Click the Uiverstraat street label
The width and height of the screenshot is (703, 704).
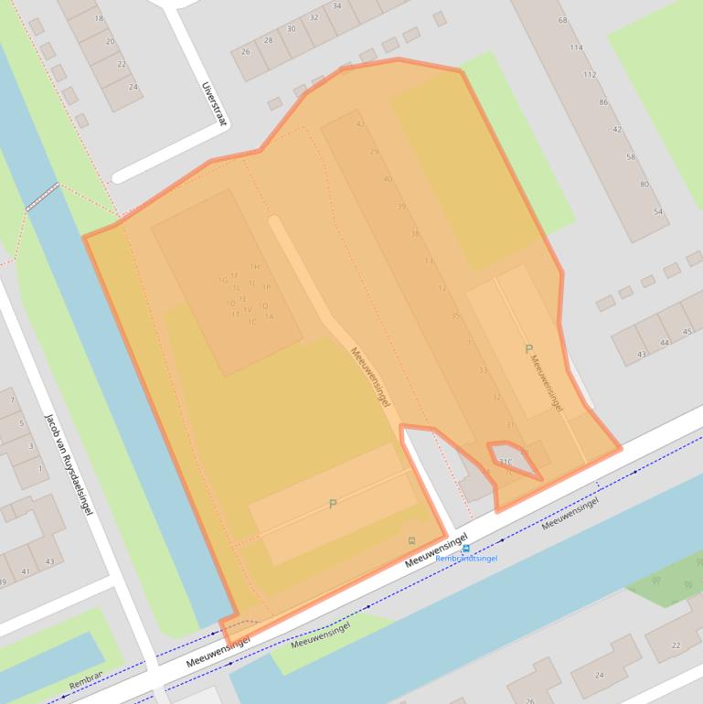(x=212, y=102)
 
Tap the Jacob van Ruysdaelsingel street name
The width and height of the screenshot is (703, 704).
(x=69, y=464)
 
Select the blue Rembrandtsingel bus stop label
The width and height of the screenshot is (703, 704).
(x=466, y=559)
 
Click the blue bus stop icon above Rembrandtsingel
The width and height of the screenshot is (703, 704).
(x=466, y=549)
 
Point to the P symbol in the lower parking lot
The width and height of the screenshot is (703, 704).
(x=333, y=504)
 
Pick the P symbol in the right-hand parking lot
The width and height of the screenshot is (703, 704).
(x=528, y=349)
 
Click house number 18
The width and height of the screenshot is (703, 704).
(x=99, y=18)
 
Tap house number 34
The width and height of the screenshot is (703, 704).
(x=336, y=6)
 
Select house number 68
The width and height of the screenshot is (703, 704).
(x=562, y=20)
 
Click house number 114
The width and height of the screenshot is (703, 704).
(x=576, y=48)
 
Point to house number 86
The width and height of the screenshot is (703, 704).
(x=603, y=102)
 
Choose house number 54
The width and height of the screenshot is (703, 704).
(x=657, y=211)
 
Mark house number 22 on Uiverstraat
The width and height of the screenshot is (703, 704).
(x=122, y=64)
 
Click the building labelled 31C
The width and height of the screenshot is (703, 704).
(x=506, y=462)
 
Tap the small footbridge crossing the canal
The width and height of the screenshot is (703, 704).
(x=42, y=197)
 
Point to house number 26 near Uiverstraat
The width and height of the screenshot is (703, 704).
(x=245, y=51)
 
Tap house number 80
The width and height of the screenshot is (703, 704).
(x=644, y=184)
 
